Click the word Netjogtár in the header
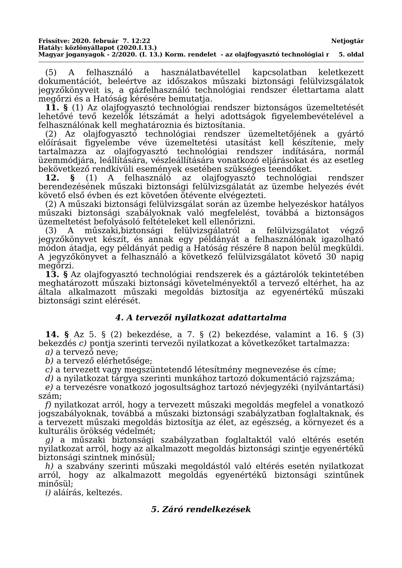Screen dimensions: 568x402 tap(347, 41)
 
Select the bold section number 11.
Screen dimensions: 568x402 tap(52, 108)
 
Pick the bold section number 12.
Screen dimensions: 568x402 tap(52, 178)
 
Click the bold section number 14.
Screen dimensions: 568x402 tap(52, 335)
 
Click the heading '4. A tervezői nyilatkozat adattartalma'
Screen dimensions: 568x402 tap(201, 318)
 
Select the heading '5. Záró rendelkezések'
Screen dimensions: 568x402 tap(201, 509)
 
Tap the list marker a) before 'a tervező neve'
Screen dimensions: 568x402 tap(49, 352)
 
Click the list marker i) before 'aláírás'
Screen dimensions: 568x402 tap(48, 493)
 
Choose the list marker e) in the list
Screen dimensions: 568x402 tap(49, 387)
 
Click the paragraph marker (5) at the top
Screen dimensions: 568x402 tap(51, 73)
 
